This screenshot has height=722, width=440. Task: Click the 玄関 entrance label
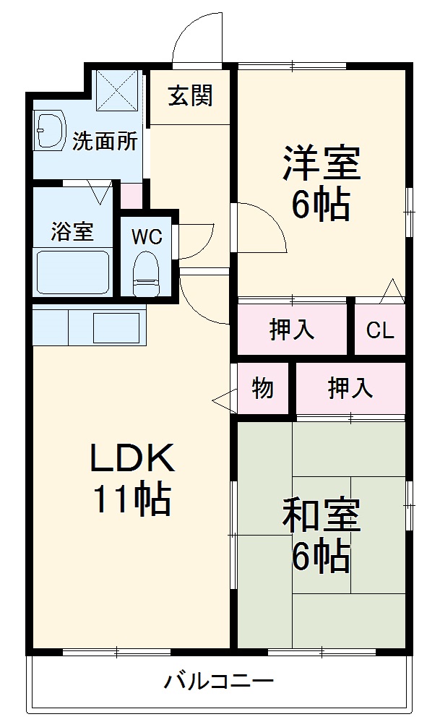point(191,96)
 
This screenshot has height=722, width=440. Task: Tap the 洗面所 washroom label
point(105,141)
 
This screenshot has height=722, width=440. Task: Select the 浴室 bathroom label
point(72,232)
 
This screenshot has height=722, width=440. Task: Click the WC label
point(146,236)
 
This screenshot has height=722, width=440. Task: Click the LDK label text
point(131,458)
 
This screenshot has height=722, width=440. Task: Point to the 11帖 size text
point(131,499)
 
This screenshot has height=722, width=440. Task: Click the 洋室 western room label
point(321,163)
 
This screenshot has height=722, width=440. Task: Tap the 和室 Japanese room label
point(321,517)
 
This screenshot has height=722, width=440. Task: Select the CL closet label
point(379,330)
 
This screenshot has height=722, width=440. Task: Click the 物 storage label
point(263,388)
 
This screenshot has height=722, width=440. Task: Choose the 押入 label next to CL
point(292,330)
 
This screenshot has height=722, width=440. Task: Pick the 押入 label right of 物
point(350,388)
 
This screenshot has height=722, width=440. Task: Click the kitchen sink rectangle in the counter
point(116,327)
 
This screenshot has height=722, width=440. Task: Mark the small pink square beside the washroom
point(131,196)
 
